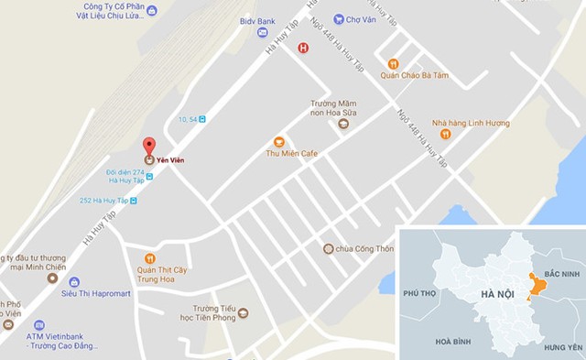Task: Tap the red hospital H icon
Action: pyautogui.click(x=303, y=48)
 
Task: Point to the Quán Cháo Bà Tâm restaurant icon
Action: pyautogui.click(x=393, y=64)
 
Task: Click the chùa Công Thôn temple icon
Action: pyautogui.click(x=328, y=248)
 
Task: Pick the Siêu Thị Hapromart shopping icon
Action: pyautogui.click(x=74, y=282)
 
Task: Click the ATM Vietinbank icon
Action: pyautogui.click(x=39, y=325)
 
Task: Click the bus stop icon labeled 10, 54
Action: pyautogui.click(x=203, y=119)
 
